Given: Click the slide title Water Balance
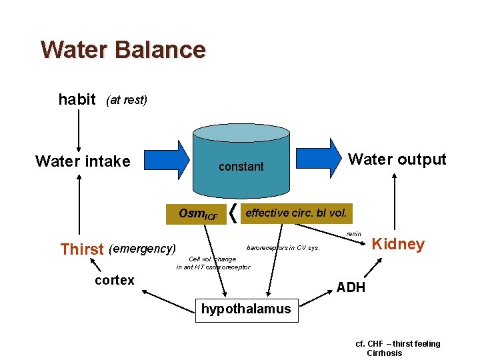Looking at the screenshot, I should (x=123, y=50).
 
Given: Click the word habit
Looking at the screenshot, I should (x=77, y=100).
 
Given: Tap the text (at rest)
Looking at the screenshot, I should (x=127, y=101).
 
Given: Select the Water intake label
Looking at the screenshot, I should (x=83, y=161).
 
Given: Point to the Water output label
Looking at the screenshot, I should (x=397, y=159).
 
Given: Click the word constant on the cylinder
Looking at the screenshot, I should (x=241, y=167).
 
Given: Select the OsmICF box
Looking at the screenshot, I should (x=198, y=214).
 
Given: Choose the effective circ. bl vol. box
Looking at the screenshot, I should (x=296, y=213).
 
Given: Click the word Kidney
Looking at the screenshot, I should (x=398, y=244).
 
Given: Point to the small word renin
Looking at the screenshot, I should (x=353, y=234).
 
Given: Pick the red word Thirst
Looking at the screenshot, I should (x=82, y=250).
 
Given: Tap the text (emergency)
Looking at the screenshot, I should (x=142, y=249).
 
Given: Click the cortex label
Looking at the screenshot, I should (x=115, y=280).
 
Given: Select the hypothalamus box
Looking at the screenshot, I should (x=246, y=309).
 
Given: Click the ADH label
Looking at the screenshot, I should (x=351, y=287).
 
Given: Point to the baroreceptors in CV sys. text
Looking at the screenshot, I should (x=283, y=248).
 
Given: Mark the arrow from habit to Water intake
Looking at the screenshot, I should (x=79, y=130).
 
